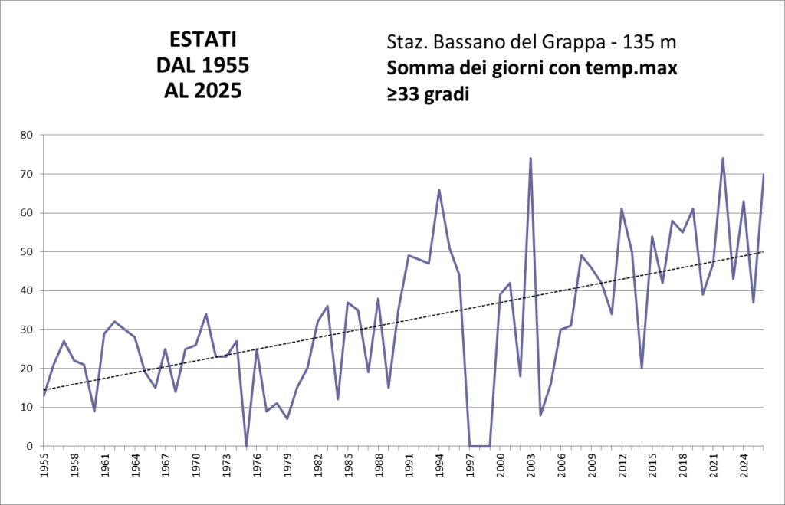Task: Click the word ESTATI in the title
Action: tap(202, 40)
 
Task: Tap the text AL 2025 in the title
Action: tap(202, 91)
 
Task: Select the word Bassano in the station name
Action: tap(468, 43)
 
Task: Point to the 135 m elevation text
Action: tap(649, 43)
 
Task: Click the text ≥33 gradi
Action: tap(428, 94)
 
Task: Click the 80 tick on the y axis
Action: tap(27, 135)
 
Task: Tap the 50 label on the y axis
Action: tap(27, 252)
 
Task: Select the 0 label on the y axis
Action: tap(30, 446)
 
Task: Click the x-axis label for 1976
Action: tap(258, 465)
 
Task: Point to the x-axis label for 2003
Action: tap(531, 465)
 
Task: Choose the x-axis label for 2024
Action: tap(744, 465)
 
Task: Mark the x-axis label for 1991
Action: tap(409, 465)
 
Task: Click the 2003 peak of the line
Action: tap(530, 158)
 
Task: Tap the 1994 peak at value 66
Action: tap(439, 190)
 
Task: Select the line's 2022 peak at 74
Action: tap(723, 158)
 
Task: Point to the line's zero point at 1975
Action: tap(246, 445)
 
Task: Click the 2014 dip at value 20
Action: tap(642, 368)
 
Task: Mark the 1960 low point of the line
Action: tap(94, 411)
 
